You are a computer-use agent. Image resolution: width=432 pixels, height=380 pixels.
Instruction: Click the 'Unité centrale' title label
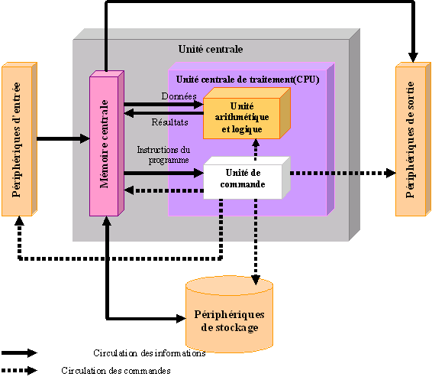(x=210, y=49)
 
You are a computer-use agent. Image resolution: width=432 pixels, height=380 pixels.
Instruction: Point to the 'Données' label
(x=180, y=96)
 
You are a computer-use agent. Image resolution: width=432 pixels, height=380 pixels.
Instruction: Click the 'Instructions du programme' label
(x=163, y=155)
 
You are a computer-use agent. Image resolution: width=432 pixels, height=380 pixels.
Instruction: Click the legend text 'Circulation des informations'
(x=150, y=353)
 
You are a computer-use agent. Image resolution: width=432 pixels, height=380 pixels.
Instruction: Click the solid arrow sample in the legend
(x=19, y=353)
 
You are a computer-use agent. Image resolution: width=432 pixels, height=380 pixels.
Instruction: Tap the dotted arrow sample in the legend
(x=19, y=370)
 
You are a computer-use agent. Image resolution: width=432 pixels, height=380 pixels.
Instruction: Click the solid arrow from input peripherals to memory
(x=63, y=138)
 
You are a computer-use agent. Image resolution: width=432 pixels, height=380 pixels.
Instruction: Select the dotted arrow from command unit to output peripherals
(x=343, y=173)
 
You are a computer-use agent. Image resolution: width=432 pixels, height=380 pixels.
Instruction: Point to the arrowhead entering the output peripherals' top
(x=412, y=56)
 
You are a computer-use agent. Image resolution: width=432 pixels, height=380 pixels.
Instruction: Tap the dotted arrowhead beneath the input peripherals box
(x=18, y=223)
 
